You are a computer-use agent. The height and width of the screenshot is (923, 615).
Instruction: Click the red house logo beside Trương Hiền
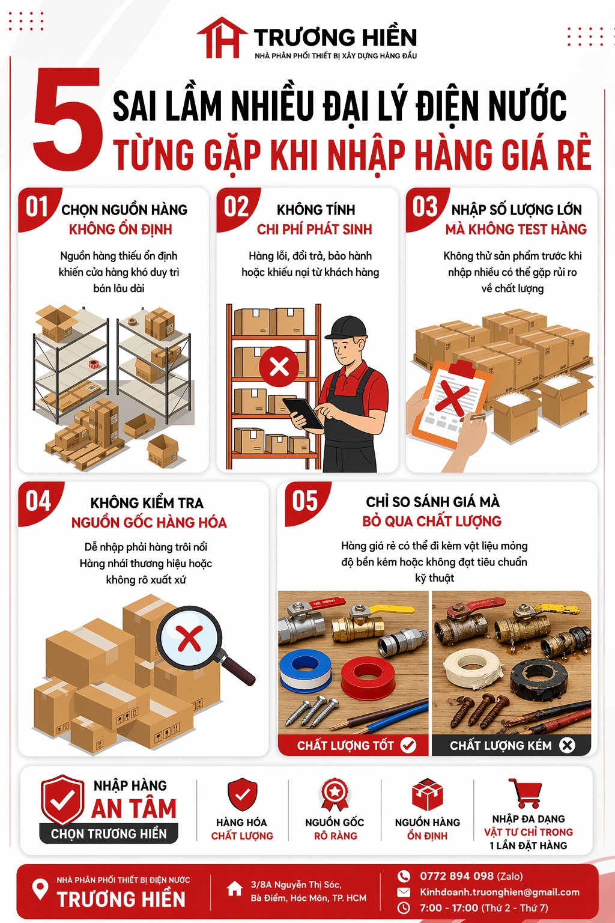(222, 37)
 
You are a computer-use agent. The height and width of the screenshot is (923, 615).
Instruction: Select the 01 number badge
(37, 207)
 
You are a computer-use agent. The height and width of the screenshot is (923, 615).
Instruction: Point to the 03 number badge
(425, 207)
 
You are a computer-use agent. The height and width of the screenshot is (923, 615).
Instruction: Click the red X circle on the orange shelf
(279, 367)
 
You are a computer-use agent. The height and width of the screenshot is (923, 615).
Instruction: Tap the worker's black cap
(347, 328)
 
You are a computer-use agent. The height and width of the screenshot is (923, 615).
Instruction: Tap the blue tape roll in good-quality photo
(305, 668)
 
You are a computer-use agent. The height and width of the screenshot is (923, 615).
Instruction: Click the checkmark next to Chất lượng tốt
(408, 745)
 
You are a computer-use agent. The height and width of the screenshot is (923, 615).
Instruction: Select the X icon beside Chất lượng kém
(567, 745)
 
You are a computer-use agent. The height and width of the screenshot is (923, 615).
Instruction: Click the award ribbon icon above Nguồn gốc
(335, 795)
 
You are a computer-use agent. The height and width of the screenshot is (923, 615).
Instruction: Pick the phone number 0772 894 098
(456, 876)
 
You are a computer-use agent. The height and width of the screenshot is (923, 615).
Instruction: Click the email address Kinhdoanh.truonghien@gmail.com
(500, 892)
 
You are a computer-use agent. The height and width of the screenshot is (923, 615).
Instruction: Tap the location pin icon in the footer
(40, 889)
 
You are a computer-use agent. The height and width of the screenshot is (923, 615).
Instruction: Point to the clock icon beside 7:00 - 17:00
(403, 908)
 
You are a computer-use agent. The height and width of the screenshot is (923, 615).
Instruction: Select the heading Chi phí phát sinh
(314, 229)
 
